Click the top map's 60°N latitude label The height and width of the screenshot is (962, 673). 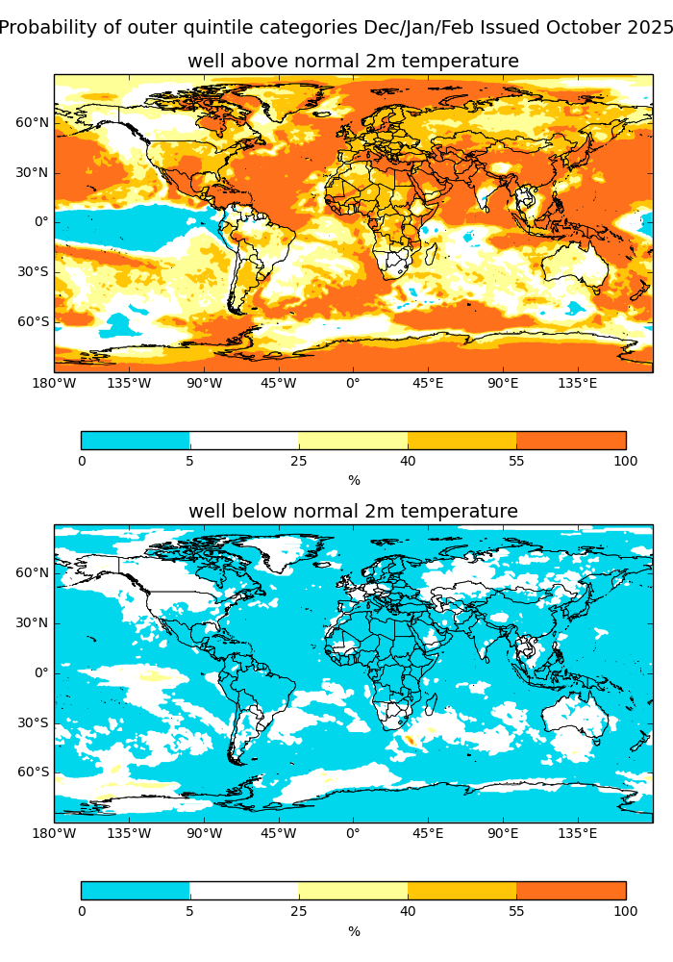tap(33, 122)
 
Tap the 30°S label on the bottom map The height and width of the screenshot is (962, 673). tap(33, 722)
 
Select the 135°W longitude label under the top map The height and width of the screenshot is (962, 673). tap(129, 384)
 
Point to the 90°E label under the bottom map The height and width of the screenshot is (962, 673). tap(503, 834)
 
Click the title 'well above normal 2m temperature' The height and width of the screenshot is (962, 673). tap(353, 62)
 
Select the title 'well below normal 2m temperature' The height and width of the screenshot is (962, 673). tap(353, 512)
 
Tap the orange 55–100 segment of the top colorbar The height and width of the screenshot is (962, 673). tap(571, 441)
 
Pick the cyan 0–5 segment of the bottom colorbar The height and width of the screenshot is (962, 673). tap(136, 891)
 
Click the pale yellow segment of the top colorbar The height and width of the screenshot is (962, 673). tap(353, 441)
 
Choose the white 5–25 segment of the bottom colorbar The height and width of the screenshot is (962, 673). tap(244, 891)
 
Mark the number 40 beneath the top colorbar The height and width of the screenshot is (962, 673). tap(408, 462)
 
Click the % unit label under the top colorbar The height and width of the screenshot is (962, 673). tap(354, 481)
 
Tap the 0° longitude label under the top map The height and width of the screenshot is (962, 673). tap(353, 384)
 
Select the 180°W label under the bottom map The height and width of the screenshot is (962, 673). tap(55, 834)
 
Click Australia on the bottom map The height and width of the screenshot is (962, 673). tap(573, 717)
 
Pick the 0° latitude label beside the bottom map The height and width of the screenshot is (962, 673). tap(41, 672)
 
